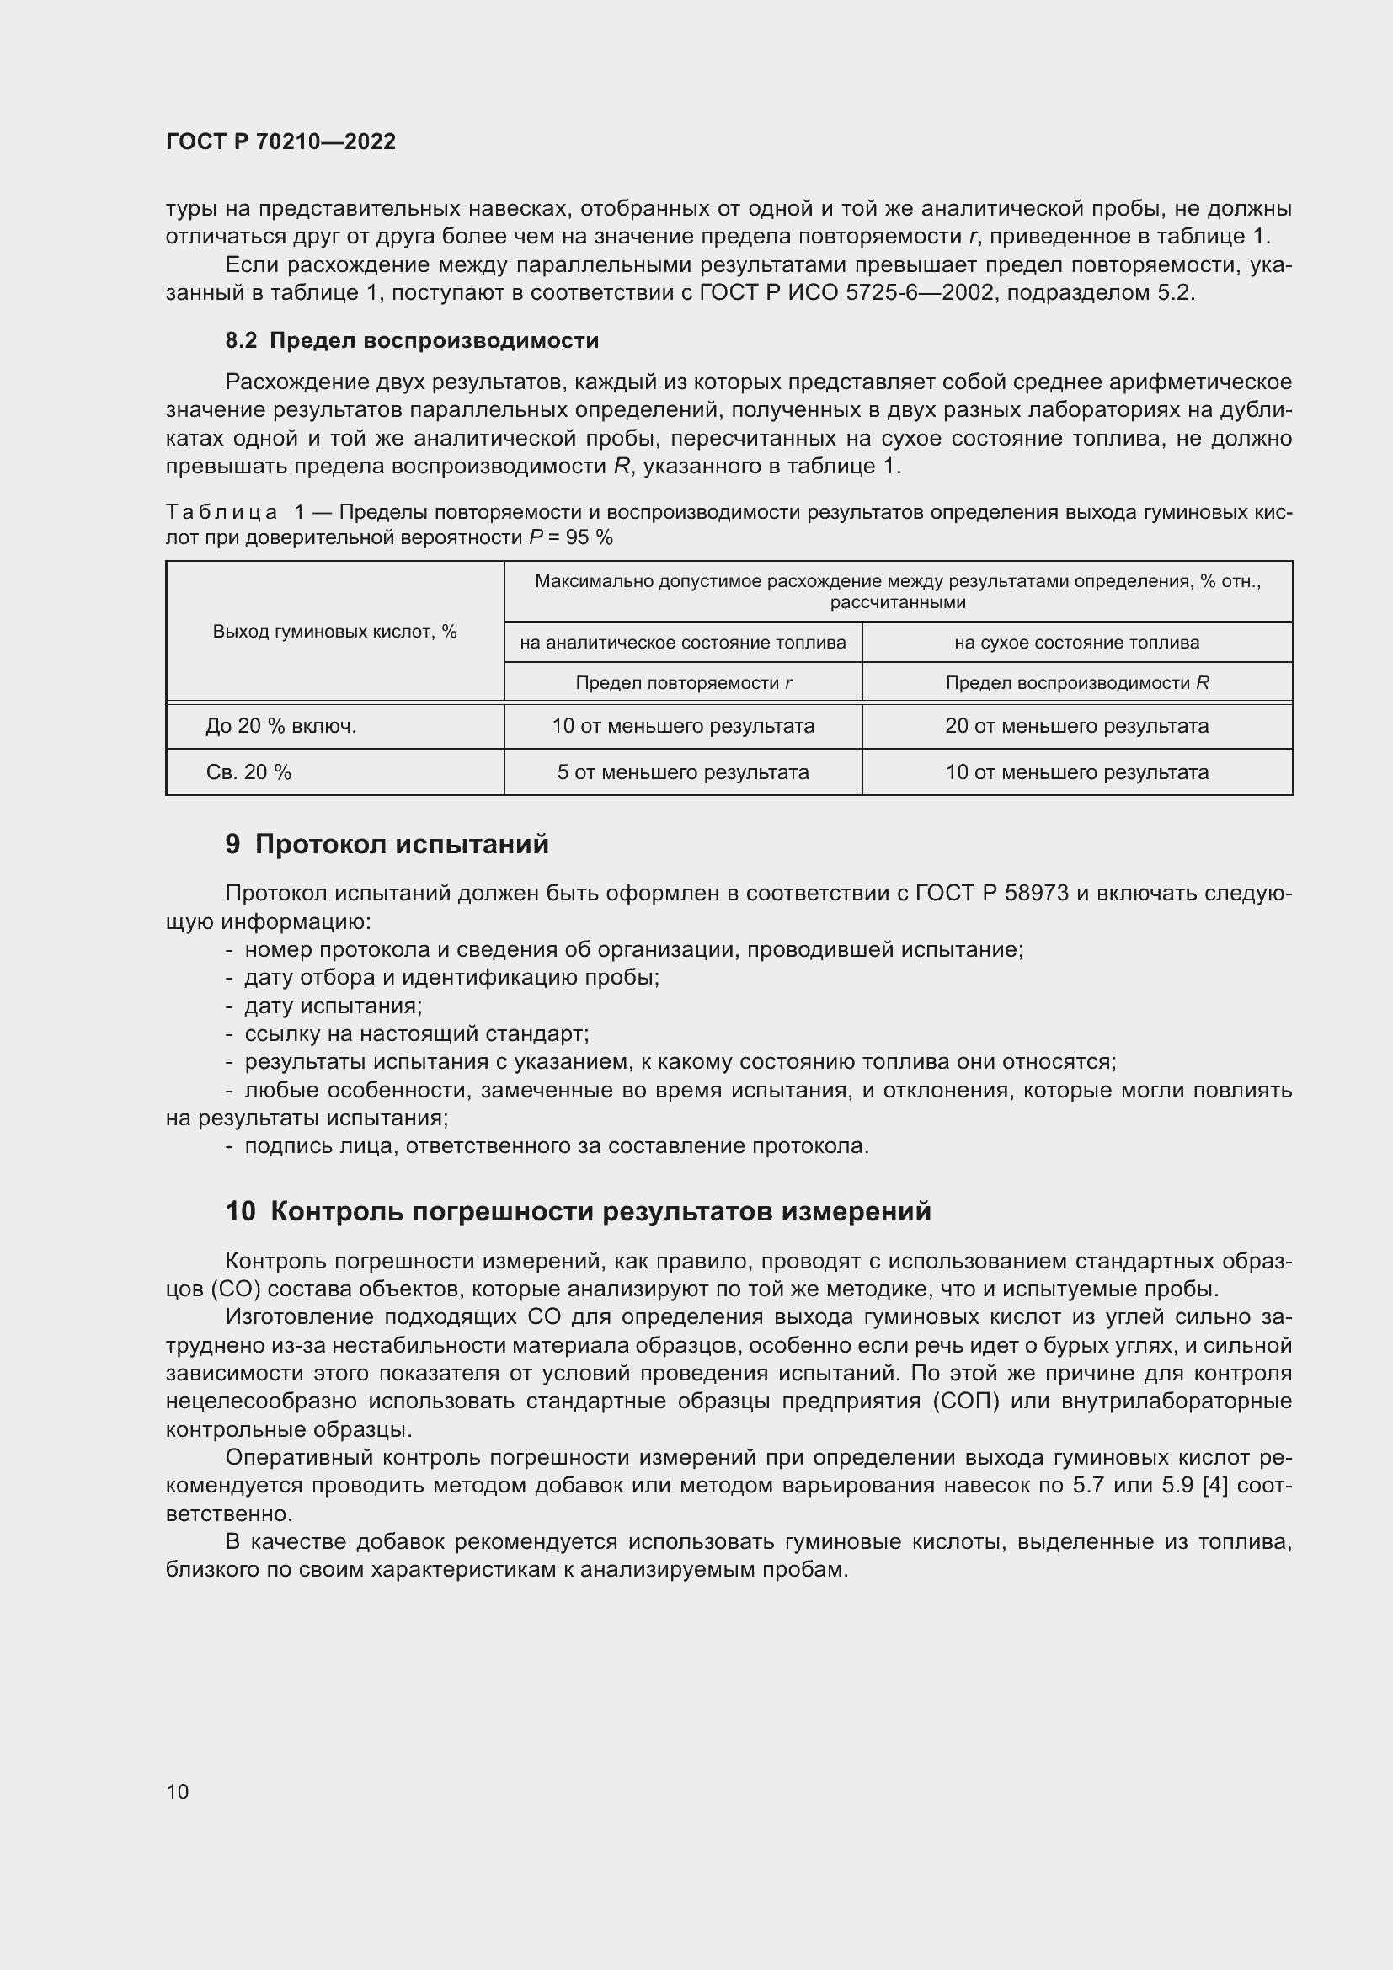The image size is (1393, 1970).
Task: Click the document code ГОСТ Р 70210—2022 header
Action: (x=280, y=141)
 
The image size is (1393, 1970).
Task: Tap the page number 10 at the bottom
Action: (x=178, y=1791)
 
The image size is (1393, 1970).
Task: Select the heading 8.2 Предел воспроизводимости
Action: (x=412, y=340)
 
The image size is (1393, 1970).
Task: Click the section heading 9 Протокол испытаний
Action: (x=387, y=844)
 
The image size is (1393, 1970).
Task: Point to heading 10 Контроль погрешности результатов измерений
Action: (x=578, y=1210)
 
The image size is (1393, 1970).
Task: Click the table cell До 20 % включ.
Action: (x=280, y=726)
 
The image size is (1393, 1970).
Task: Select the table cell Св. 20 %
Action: (x=248, y=772)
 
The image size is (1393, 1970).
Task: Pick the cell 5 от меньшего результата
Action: (x=683, y=772)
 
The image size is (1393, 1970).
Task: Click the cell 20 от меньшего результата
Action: (x=1076, y=726)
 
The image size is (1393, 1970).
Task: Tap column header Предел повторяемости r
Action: (x=683, y=683)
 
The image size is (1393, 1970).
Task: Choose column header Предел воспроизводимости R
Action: (x=1076, y=683)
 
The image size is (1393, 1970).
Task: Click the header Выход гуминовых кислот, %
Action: (x=334, y=633)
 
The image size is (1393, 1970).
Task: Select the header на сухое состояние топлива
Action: (x=1076, y=643)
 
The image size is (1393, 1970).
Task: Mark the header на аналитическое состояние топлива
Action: (x=683, y=643)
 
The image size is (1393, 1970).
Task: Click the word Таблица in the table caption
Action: (x=221, y=512)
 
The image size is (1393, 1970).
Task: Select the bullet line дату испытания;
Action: (x=333, y=1006)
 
